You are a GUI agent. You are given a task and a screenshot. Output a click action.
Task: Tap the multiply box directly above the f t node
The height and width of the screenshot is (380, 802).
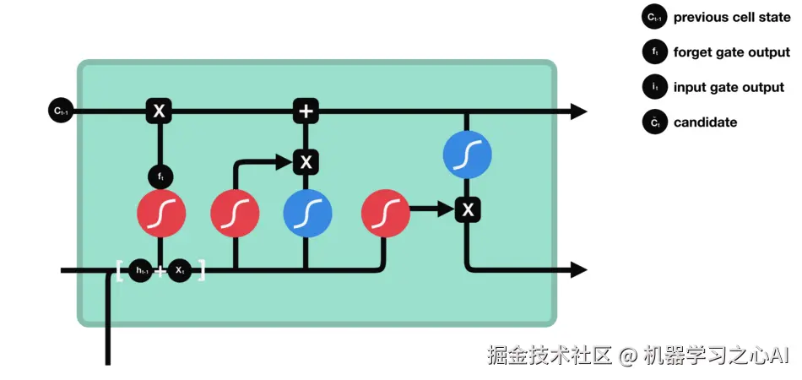158,111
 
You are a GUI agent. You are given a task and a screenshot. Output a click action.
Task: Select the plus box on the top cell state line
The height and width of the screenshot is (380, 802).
306,111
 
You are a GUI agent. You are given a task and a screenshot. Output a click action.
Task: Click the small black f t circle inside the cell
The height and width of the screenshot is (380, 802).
160,176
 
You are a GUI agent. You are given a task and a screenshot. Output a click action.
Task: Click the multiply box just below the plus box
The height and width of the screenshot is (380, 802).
306,161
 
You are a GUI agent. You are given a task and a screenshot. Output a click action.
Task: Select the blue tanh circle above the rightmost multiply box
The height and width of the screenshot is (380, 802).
467,156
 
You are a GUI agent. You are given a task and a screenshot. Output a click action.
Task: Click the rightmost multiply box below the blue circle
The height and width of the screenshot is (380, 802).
467,208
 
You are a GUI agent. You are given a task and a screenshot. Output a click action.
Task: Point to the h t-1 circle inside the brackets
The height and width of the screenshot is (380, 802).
141,271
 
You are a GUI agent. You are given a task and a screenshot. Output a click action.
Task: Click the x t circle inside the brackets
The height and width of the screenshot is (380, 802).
180,271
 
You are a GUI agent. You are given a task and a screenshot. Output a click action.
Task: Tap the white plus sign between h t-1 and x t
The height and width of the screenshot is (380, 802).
160,271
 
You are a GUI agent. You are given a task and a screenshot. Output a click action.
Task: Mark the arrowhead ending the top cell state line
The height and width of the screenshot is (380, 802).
578,111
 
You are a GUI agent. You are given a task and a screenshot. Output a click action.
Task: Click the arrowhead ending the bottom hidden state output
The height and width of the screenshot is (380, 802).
578,270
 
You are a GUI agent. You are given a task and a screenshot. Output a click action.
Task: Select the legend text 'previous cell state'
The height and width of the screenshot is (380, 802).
732,17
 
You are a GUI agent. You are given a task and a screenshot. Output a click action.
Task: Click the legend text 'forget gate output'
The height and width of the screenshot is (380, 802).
732,52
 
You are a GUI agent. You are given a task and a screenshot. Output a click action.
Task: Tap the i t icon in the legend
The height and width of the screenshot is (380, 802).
654,87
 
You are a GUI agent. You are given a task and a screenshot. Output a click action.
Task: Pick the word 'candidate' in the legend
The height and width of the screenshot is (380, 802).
705,122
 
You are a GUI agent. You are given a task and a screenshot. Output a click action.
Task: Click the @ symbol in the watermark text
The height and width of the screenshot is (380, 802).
626,356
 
